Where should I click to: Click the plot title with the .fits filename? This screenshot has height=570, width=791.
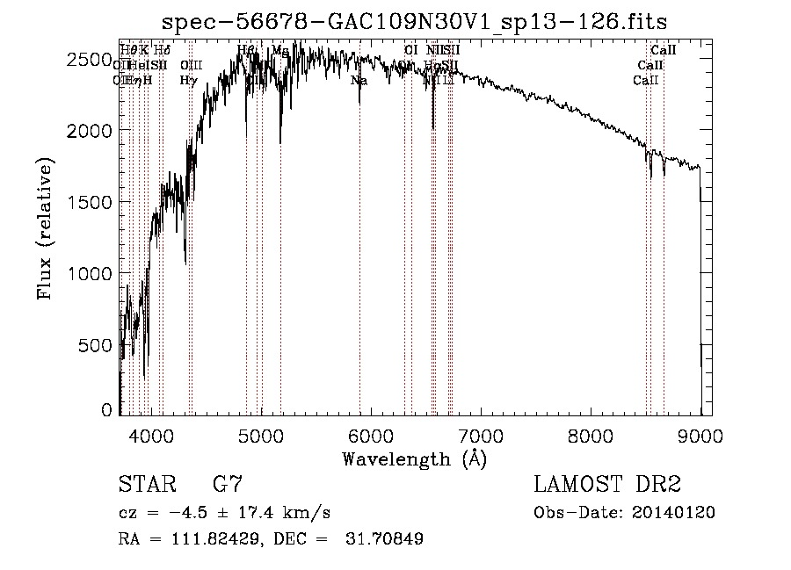(x=416, y=21)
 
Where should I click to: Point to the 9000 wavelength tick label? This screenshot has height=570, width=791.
(x=700, y=435)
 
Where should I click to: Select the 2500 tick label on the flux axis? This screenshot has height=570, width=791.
(x=89, y=59)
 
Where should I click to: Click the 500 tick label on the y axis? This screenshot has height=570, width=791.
(x=96, y=345)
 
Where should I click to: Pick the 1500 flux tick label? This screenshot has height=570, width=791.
(x=89, y=202)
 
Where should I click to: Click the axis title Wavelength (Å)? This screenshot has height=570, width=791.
(x=414, y=458)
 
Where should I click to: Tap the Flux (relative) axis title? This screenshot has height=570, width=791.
(x=46, y=228)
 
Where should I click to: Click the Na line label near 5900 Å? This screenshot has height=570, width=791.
(x=359, y=81)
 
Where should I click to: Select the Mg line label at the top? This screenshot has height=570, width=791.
(x=279, y=51)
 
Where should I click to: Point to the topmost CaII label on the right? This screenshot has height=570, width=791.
(x=663, y=51)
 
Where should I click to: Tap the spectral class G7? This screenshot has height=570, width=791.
(x=227, y=484)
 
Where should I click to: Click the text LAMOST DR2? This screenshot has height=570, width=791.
(x=607, y=484)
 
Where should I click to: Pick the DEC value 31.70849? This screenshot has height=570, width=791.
(x=389, y=539)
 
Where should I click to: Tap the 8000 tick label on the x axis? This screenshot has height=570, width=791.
(x=590, y=435)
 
